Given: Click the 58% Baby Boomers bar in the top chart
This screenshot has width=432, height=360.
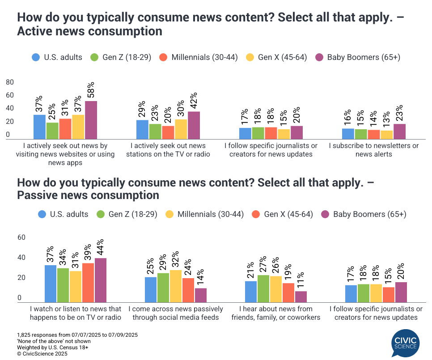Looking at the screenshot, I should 91,120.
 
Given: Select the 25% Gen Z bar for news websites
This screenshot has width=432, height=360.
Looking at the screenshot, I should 52,131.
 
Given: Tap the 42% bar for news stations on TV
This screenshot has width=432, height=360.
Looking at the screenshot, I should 194,125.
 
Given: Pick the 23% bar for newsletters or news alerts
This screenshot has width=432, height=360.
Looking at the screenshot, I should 399,131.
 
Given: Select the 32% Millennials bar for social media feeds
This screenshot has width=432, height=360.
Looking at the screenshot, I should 176,286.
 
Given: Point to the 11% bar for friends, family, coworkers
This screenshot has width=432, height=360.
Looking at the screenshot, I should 301,297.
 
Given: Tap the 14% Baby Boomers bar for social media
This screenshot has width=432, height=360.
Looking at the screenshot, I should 201,295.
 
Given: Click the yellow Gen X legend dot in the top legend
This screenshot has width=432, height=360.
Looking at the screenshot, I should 250,57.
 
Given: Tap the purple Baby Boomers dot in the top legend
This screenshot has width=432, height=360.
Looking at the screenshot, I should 319,57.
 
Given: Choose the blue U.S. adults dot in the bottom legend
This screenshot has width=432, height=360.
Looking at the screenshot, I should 42,214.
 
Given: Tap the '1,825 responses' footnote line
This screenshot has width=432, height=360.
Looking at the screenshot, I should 77,335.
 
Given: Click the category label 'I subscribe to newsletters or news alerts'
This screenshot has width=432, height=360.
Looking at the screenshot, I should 374,150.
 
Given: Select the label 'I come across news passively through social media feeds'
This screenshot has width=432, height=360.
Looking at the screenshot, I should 176,313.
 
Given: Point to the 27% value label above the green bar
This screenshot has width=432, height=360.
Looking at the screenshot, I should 263,265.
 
